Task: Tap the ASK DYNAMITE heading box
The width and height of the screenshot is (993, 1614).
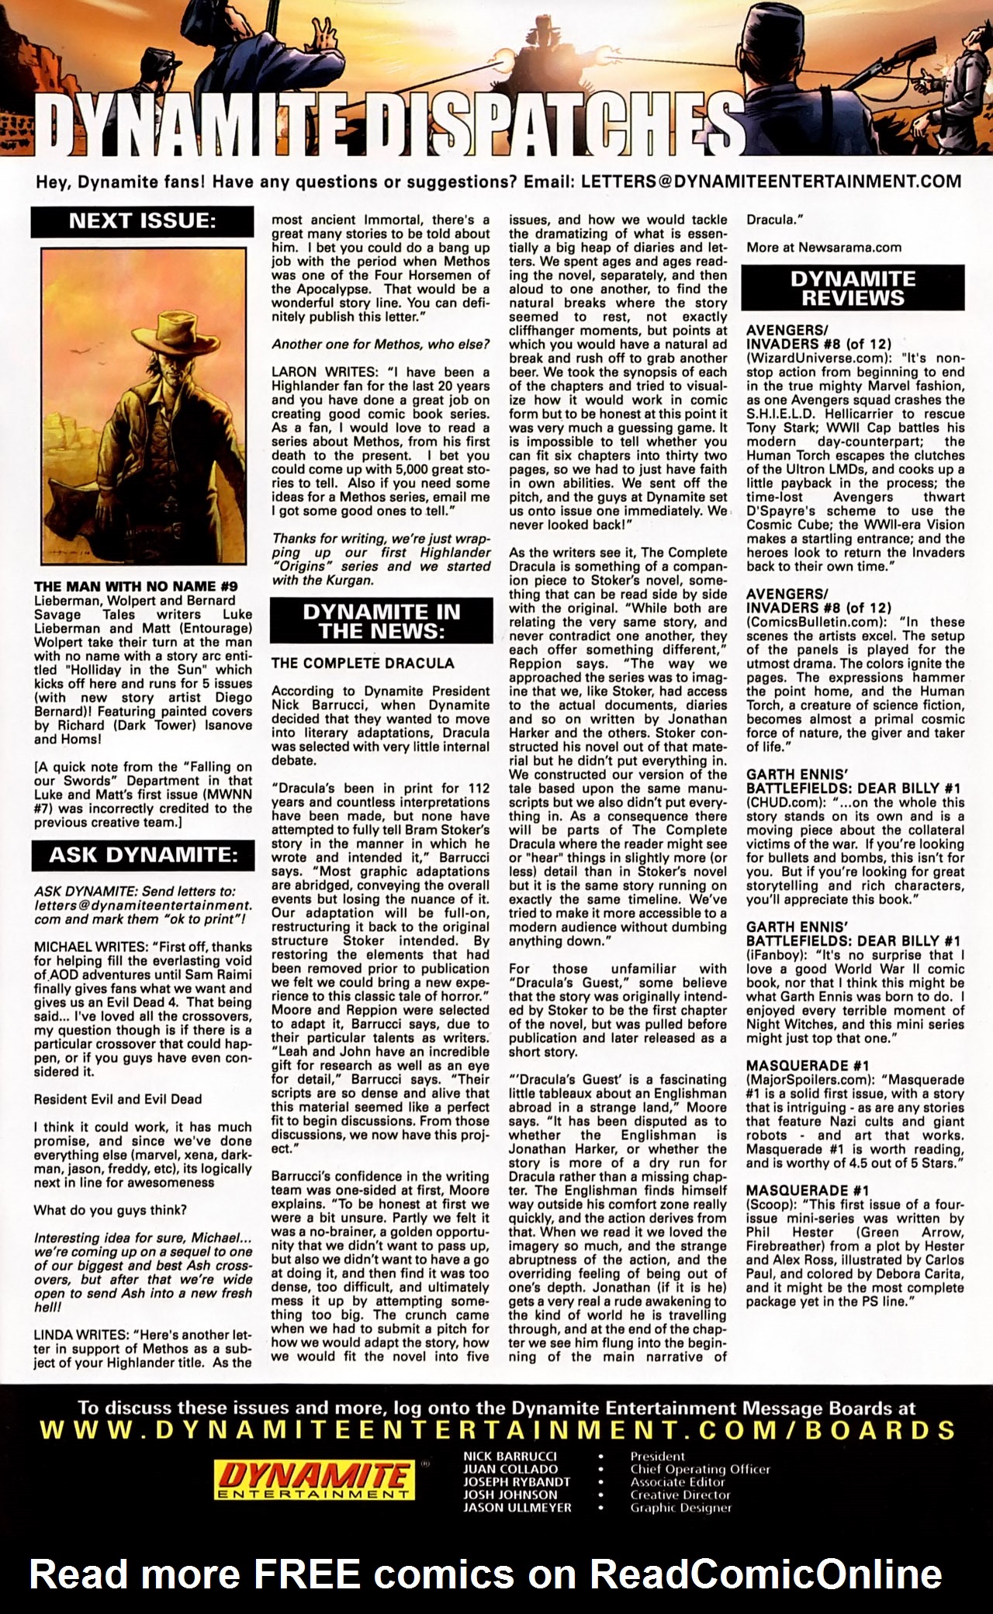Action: (x=143, y=855)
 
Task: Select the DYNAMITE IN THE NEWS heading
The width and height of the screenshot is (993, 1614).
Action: (x=381, y=621)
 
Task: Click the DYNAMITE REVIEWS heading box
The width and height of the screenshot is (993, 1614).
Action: (x=853, y=288)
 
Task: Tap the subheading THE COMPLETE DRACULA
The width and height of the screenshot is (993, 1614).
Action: (x=362, y=663)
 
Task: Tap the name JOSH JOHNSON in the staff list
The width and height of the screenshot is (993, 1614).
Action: (x=510, y=1495)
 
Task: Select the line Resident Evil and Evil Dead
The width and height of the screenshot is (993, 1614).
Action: (x=118, y=1099)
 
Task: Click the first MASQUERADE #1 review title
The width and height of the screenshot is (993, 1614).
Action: (x=796, y=1065)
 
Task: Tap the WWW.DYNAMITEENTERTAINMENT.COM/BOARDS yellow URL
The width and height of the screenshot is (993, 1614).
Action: (x=496, y=1430)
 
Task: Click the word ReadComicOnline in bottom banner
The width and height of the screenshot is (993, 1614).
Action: (x=766, y=1574)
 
